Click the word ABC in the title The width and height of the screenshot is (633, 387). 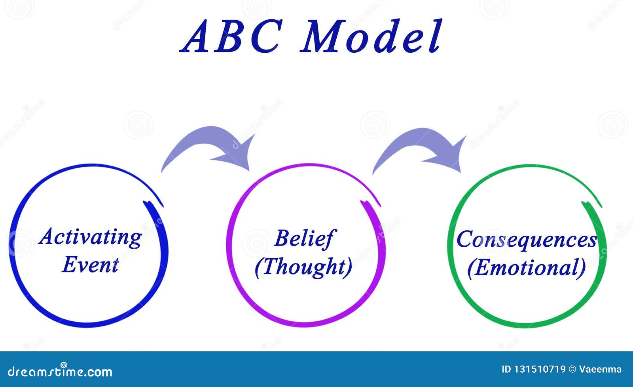pos(231,36)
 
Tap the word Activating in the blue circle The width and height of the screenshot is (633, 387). pos(90,237)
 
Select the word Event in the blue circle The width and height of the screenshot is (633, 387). pos(90,265)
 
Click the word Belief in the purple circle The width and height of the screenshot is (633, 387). pos(303,238)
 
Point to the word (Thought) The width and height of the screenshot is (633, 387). pos(303,267)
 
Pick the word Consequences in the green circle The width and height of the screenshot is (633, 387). pos(527,240)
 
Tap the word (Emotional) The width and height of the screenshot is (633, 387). pos(527,268)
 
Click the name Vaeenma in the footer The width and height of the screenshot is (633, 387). pos(601,370)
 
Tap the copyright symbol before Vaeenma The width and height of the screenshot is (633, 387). pos(572,370)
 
